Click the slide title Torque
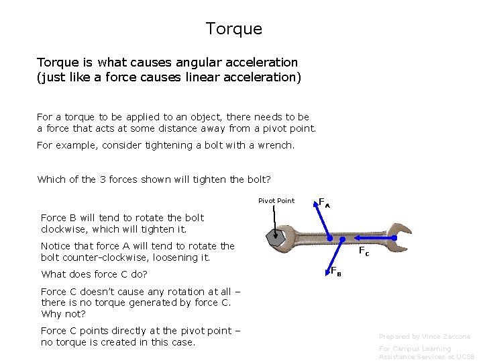pyautogui.click(x=233, y=29)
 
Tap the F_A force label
pyautogui.click(x=323, y=202)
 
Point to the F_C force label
pyautogui.click(x=364, y=252)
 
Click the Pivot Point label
pyautogui.click(x=276, y=200)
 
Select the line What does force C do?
pyautogui.click(x=94, y=274)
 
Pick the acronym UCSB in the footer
pyautogui.click(x=464, y=357)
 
